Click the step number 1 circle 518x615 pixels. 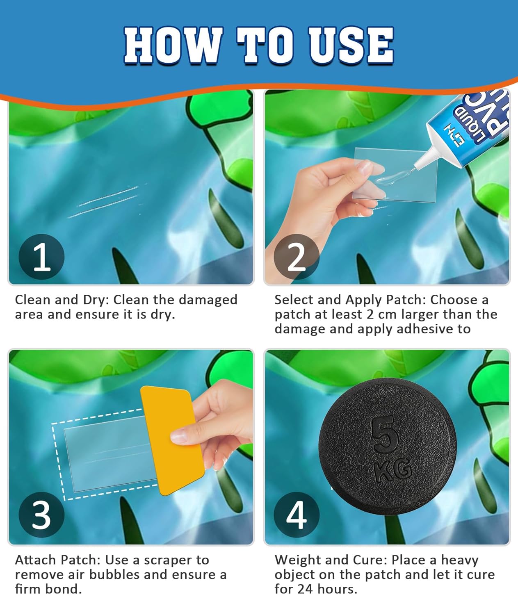click(x=41, y=257)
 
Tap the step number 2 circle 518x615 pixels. click(x=297, y=257)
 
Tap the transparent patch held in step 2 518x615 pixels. click(x=395, y=175)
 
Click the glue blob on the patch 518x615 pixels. click(x=392, y=178)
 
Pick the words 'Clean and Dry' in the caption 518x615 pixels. click(x=62, y=300)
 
